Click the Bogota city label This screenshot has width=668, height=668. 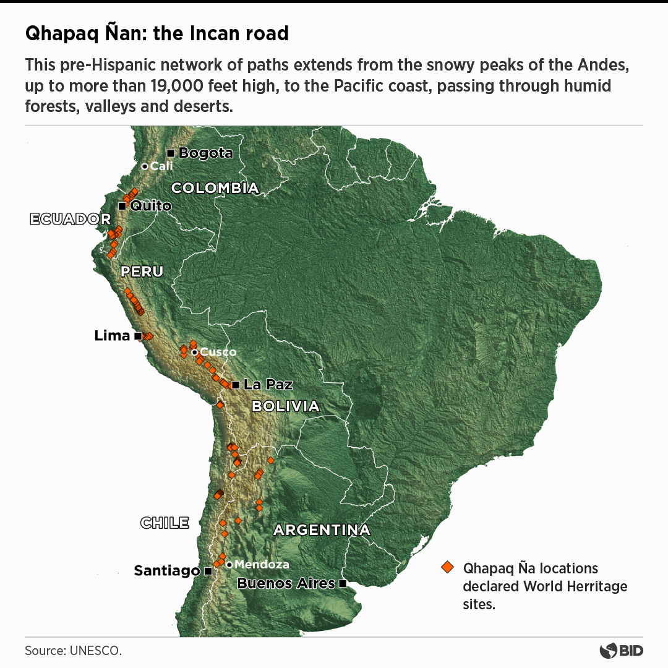[205, 153]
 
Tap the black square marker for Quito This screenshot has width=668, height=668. [122, 206]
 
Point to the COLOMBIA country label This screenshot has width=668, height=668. [215, 188]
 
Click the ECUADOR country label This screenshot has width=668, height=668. [70, 219]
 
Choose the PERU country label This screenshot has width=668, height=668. [142, 272]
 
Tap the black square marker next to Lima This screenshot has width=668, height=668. [137, 336]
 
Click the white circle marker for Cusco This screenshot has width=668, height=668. [194, 352]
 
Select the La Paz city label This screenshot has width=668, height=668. [268, 384]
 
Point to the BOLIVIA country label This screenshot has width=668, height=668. [285, 406]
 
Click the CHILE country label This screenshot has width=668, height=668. [165, 523]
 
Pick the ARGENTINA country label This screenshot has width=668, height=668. [322, 530]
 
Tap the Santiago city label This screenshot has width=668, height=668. [167, 571]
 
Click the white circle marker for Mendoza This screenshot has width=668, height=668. [229, 564]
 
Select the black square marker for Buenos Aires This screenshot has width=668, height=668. [342, 583]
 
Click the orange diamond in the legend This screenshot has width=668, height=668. [447, 568]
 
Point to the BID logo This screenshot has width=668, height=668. [622, 651]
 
